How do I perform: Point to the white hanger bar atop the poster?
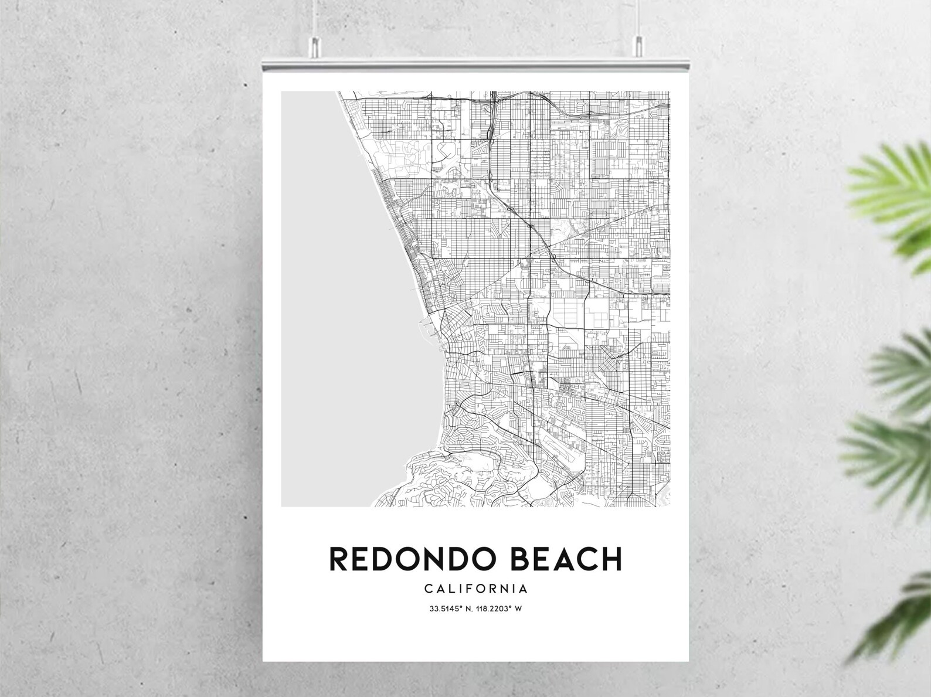[x=475, y=65]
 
